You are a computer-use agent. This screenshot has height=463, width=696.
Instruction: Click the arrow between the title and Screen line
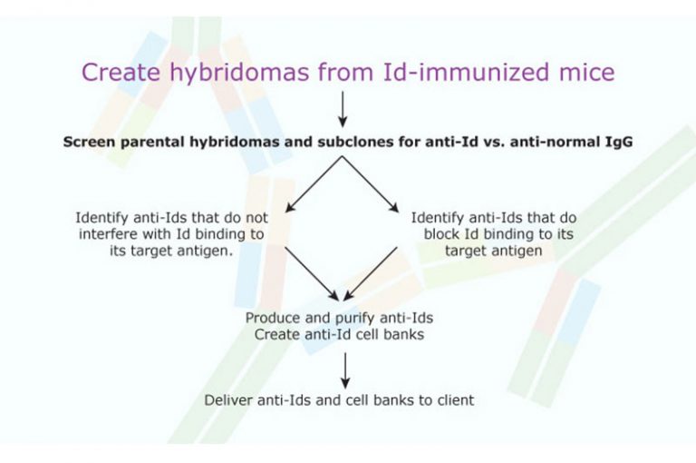pos(343,108)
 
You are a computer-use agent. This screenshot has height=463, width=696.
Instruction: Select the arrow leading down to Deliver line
pos(344,368)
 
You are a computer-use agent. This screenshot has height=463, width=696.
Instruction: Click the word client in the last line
pos(453,399)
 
